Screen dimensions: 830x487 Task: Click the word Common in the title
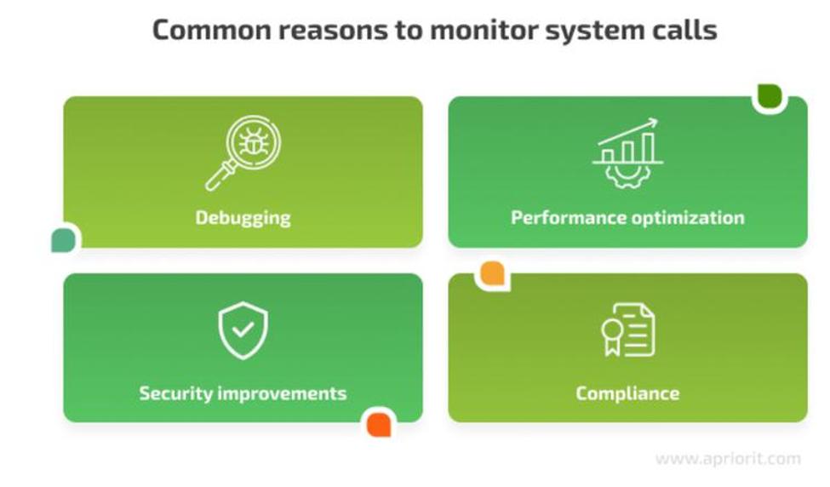[x=212, y=30]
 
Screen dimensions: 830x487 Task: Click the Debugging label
[x=243, y=218]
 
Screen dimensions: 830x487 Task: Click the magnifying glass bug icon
[x=243, y=153]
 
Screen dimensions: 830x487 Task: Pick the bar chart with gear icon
[x=627, y=153]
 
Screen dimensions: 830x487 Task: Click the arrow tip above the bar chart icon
[x=656, y=121]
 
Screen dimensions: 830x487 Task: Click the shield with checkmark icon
[x=243, y=331]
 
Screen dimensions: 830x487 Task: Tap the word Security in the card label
[x=175, y=394]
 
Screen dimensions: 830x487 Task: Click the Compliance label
[x=627, y=394]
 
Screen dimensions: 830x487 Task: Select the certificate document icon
[x=627, y=329]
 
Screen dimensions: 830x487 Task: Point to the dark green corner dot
[x=770, y=96]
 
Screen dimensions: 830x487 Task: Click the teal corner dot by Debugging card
[x=64, y=240]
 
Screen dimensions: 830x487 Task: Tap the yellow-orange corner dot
[x=492, y=273]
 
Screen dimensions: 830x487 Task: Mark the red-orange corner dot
[x=379, y=425]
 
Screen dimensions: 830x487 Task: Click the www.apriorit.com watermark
[x=729, y=458]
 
